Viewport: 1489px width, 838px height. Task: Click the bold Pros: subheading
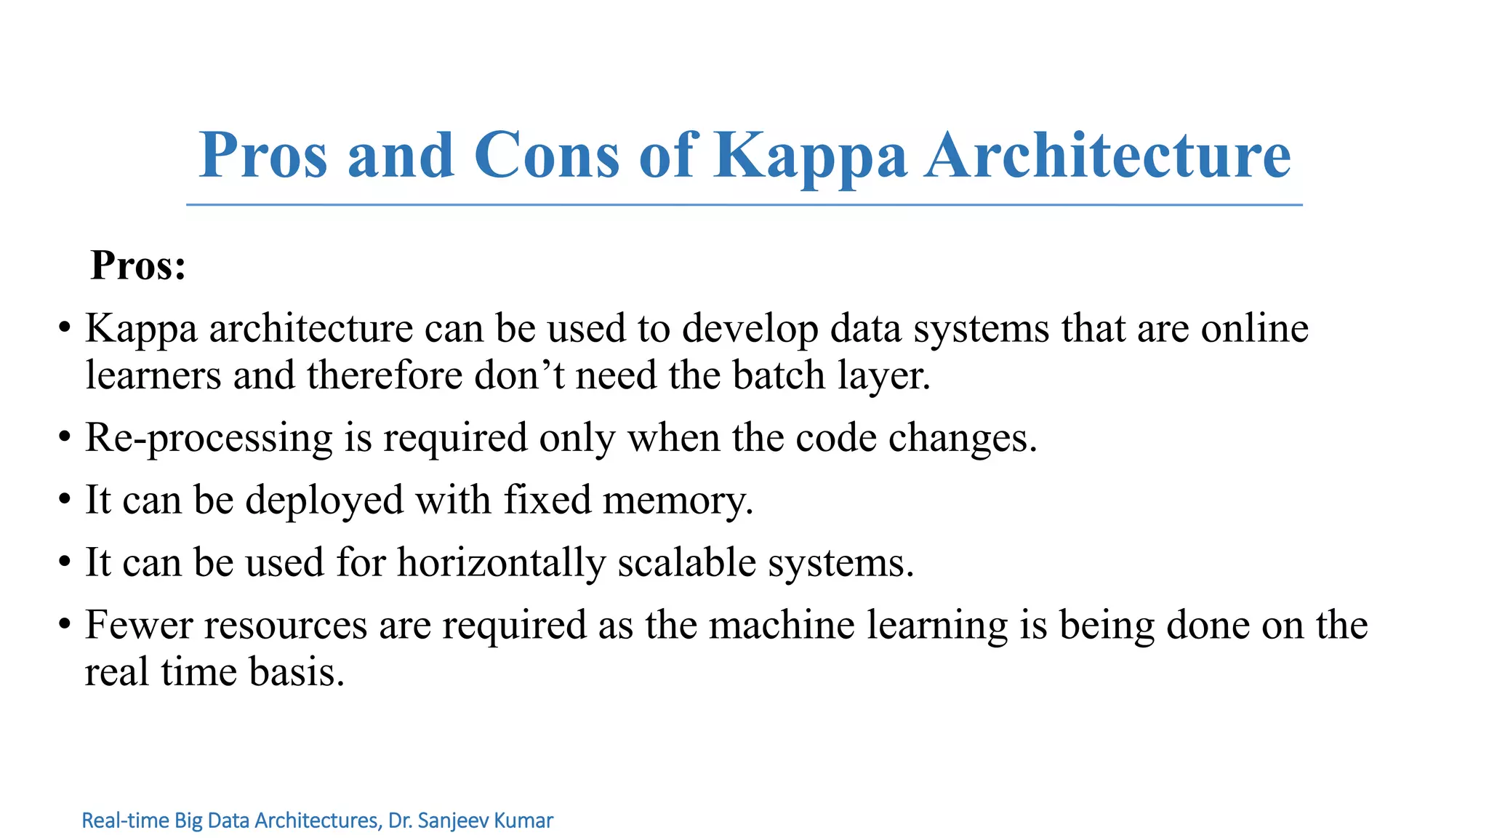pos(138,265)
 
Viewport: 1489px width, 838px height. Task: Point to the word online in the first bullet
pos(1254,328)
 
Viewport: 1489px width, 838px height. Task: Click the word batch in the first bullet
pos(778,375)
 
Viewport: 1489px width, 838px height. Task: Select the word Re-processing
pos(209,439)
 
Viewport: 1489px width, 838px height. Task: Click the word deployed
pos(324,501)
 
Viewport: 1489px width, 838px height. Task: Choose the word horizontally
pos(501,563)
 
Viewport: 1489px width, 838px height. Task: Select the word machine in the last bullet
pos(782,625)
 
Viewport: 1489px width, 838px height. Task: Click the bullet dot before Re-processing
pos(65,438)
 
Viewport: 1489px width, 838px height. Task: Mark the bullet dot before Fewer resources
pos(65,625)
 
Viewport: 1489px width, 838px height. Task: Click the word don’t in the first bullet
pos(519,375)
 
